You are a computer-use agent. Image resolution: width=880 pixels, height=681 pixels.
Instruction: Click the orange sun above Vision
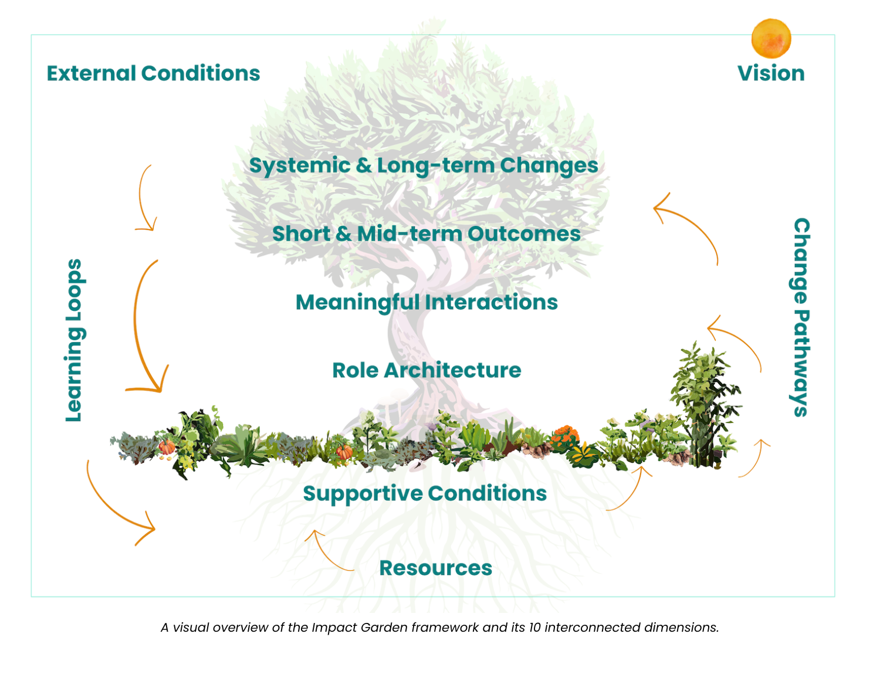click(x=771, y=38)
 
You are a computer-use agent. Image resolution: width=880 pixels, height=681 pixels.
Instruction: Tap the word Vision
click(x=771, y=73)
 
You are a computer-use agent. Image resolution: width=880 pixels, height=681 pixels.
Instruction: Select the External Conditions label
click(x=153, y=73)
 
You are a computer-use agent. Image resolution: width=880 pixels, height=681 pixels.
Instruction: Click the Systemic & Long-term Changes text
click(x=424, y=165)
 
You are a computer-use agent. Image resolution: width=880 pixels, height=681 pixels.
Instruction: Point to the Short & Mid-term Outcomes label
click(x=427, y=233)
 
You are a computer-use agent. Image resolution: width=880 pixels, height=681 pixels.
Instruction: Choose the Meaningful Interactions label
click(x=427, y=302)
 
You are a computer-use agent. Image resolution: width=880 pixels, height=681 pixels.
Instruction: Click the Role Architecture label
click(x=427, y=370)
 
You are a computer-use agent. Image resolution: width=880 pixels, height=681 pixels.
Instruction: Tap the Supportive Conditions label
click(x=425, y=493)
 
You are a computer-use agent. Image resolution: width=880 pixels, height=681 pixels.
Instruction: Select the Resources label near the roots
click(x=435, y=568)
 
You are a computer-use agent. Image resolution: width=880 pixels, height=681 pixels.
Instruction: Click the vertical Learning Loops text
click(x=74, y=340)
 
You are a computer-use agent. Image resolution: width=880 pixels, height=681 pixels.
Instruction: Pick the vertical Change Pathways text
click(x=801, y=317)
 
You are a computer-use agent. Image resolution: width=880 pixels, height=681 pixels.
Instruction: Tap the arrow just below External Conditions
click(x=144, y=199)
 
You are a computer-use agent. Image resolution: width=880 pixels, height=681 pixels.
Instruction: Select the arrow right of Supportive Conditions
click(x=631, y=490)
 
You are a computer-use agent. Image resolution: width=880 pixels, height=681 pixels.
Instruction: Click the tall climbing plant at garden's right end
click(x=704, y=405)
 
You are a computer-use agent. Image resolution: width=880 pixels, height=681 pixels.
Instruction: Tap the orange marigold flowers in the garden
click(x=564, y=437)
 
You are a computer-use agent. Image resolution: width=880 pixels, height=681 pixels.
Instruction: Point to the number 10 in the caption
click(x=534, y=628)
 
